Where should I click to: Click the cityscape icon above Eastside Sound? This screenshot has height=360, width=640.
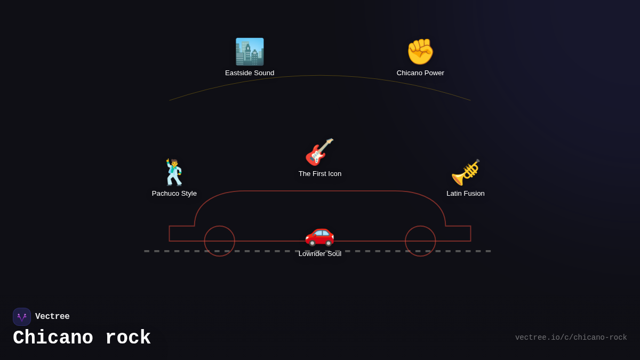[x=250, y=52]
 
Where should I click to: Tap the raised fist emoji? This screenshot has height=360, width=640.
[x=420, y=52]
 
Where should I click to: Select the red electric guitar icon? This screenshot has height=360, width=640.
[x=319, y=152]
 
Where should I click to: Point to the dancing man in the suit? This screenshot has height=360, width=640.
[x=174, y=172]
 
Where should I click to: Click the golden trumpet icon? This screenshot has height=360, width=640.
[x=466, y=172]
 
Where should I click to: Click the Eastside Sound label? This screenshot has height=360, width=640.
[x=250, y=73]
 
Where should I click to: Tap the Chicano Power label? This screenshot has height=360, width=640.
[x=420, y=73]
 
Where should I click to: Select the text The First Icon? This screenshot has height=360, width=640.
[x=319, y=174]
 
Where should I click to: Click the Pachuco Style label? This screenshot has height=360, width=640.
[x=174, y=194]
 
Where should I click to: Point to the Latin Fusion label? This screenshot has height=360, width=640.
[x=466, y=194]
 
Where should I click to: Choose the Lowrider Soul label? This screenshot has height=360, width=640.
[x=319, y=254]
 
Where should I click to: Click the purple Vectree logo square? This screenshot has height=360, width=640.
[x=22, y=317]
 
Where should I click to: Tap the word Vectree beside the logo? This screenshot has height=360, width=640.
[x=52, y=316]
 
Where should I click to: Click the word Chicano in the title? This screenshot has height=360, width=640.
[x=53, y=338]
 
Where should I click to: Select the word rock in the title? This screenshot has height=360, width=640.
[x=128, y=338]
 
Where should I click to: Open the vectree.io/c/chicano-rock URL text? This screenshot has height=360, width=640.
[x=571, y=338]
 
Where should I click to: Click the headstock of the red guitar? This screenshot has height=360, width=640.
[x=329, y=142]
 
